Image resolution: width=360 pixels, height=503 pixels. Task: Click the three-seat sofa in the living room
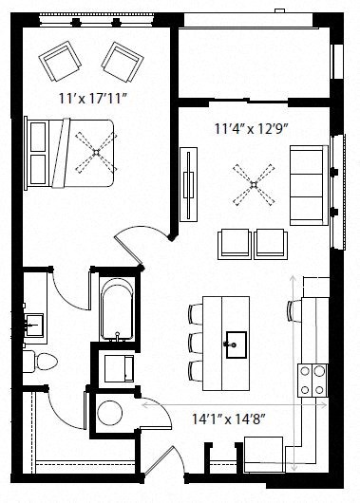coord(307,183)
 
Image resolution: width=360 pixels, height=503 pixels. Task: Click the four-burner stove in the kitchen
coord(311,379)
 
